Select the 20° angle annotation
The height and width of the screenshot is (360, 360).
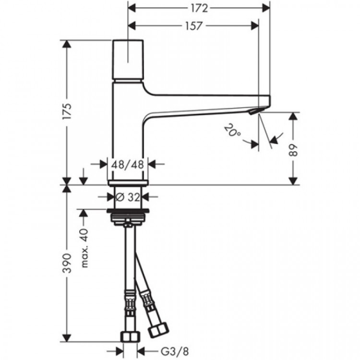[232, 130]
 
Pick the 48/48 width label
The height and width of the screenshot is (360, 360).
[128, 164]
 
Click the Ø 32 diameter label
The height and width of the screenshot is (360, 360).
[128, 196]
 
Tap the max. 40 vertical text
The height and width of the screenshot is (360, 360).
[85, 248]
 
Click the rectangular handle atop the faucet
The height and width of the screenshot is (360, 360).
[128, 60]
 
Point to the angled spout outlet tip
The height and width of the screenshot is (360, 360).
[254, 112]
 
